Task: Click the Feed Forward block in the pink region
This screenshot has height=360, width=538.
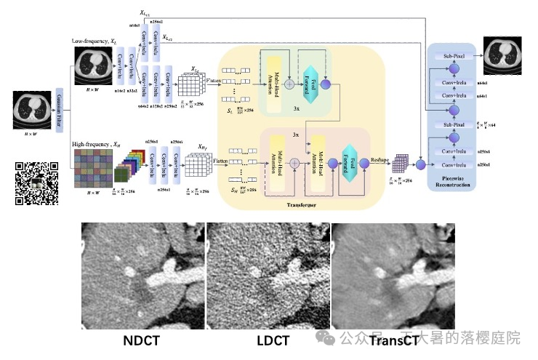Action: [349, 161]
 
